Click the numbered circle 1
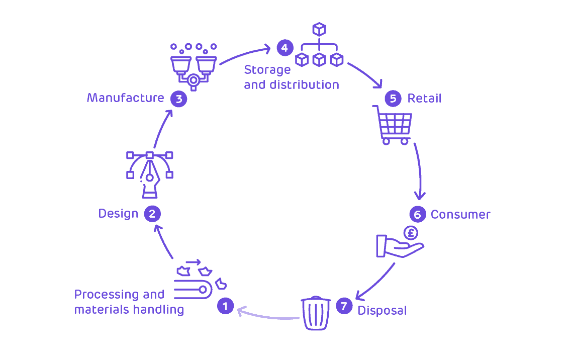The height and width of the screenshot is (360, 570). [225, 306]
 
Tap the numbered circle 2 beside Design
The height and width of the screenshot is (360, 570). [152, 214]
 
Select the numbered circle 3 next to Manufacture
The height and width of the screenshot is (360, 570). [178, 99]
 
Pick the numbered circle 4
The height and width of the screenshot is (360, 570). [284, 48]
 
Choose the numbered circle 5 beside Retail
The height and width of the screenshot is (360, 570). [393, 98]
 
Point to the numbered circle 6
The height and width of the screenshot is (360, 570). [417, 215]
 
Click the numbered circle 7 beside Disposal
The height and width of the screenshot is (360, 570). [344, 306]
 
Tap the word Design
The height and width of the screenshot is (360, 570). [118, 214]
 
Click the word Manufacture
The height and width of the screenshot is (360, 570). [125, 98]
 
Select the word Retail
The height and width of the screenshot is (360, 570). [424, 98]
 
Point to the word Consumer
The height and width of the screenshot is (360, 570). [460, 215]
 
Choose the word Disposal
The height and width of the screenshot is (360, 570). [382, 311]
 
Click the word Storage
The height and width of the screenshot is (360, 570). [267, 70]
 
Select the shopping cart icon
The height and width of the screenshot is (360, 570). [394, 125]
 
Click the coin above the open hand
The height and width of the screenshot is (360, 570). [411, 233]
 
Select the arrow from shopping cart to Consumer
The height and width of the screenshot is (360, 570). [419, 171]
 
